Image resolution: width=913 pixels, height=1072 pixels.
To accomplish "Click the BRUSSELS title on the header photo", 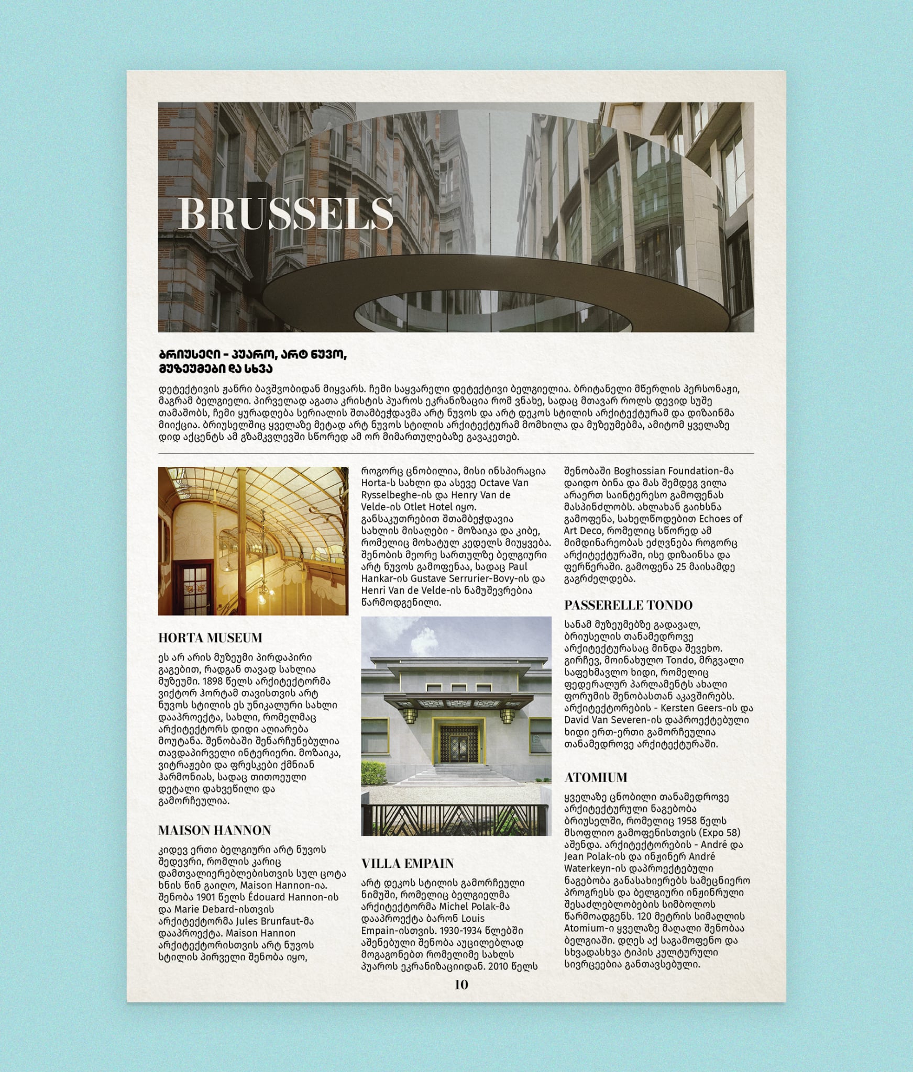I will pos(285,213).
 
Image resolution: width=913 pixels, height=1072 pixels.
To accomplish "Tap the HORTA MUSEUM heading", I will pos(210,638).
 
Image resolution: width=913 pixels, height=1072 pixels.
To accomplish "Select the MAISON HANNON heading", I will pos(214,830).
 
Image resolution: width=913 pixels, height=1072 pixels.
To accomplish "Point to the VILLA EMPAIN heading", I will pos(408,863).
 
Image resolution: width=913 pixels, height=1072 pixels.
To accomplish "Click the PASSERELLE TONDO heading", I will pos(628,605).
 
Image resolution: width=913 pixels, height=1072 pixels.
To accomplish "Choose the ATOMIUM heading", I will pos(596,777).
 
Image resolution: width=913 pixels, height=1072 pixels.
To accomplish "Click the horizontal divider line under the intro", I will pos(456,453).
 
